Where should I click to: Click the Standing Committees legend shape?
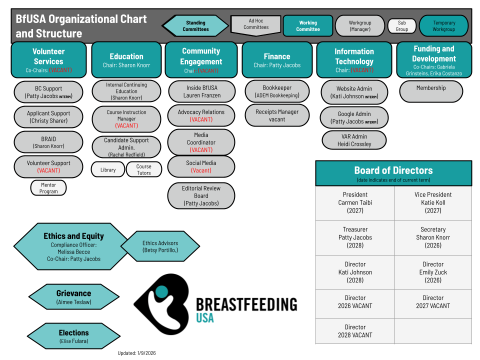(195, 26)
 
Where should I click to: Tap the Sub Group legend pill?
(401, 26)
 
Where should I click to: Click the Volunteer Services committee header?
(48, 60)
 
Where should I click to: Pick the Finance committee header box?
(277, 60)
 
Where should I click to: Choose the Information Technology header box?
(354, 60)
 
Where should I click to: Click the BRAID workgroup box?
(48, 142)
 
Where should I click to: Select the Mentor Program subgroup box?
(48, 188)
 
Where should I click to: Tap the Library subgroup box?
(108, 170)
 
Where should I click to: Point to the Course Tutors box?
(144, 170)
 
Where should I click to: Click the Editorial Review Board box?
(201, 195)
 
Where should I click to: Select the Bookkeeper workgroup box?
(277, 91)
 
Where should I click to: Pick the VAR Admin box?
(354, 140)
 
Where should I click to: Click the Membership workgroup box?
(431, 91)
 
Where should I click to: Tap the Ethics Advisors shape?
(160, 246)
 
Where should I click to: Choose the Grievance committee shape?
(73, 297)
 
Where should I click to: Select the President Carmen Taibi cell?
(355, 202)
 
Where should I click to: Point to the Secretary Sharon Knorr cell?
(433, 237)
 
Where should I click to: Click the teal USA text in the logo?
(204, 318)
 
